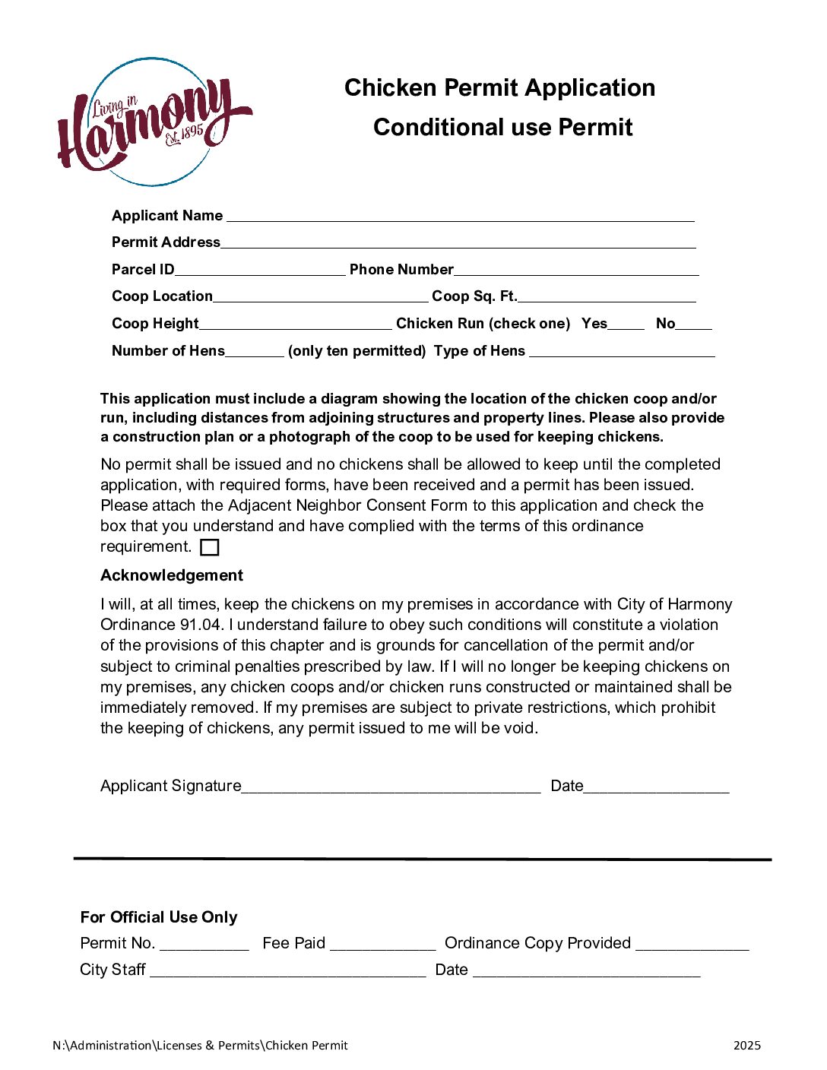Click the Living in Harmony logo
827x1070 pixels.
154,122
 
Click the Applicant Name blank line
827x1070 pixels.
460,217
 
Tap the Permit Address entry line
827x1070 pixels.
458,243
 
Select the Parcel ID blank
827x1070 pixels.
260,271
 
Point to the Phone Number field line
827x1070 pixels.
576,271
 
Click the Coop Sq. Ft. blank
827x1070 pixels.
607,297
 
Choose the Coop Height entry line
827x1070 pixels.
295,324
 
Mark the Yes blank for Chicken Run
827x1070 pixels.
626,324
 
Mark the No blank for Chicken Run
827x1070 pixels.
694,324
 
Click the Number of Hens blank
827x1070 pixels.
255,352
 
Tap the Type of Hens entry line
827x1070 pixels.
622,352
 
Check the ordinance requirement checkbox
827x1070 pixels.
210,547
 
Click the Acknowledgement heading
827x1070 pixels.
172,575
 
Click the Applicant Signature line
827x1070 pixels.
391,787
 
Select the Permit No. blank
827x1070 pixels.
204,945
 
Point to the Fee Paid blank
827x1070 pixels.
383,945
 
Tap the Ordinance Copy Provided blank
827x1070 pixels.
692,945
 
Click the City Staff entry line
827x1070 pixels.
288,971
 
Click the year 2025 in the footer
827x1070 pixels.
746,1046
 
